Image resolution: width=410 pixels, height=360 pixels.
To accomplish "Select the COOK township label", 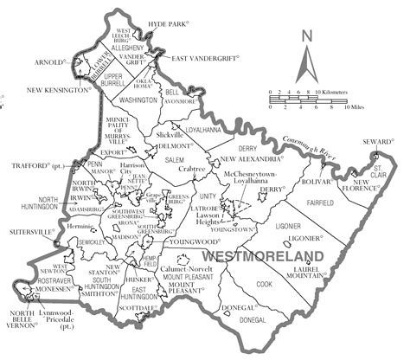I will pos(263,283).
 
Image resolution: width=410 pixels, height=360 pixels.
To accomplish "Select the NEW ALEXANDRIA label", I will pos(248,160).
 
